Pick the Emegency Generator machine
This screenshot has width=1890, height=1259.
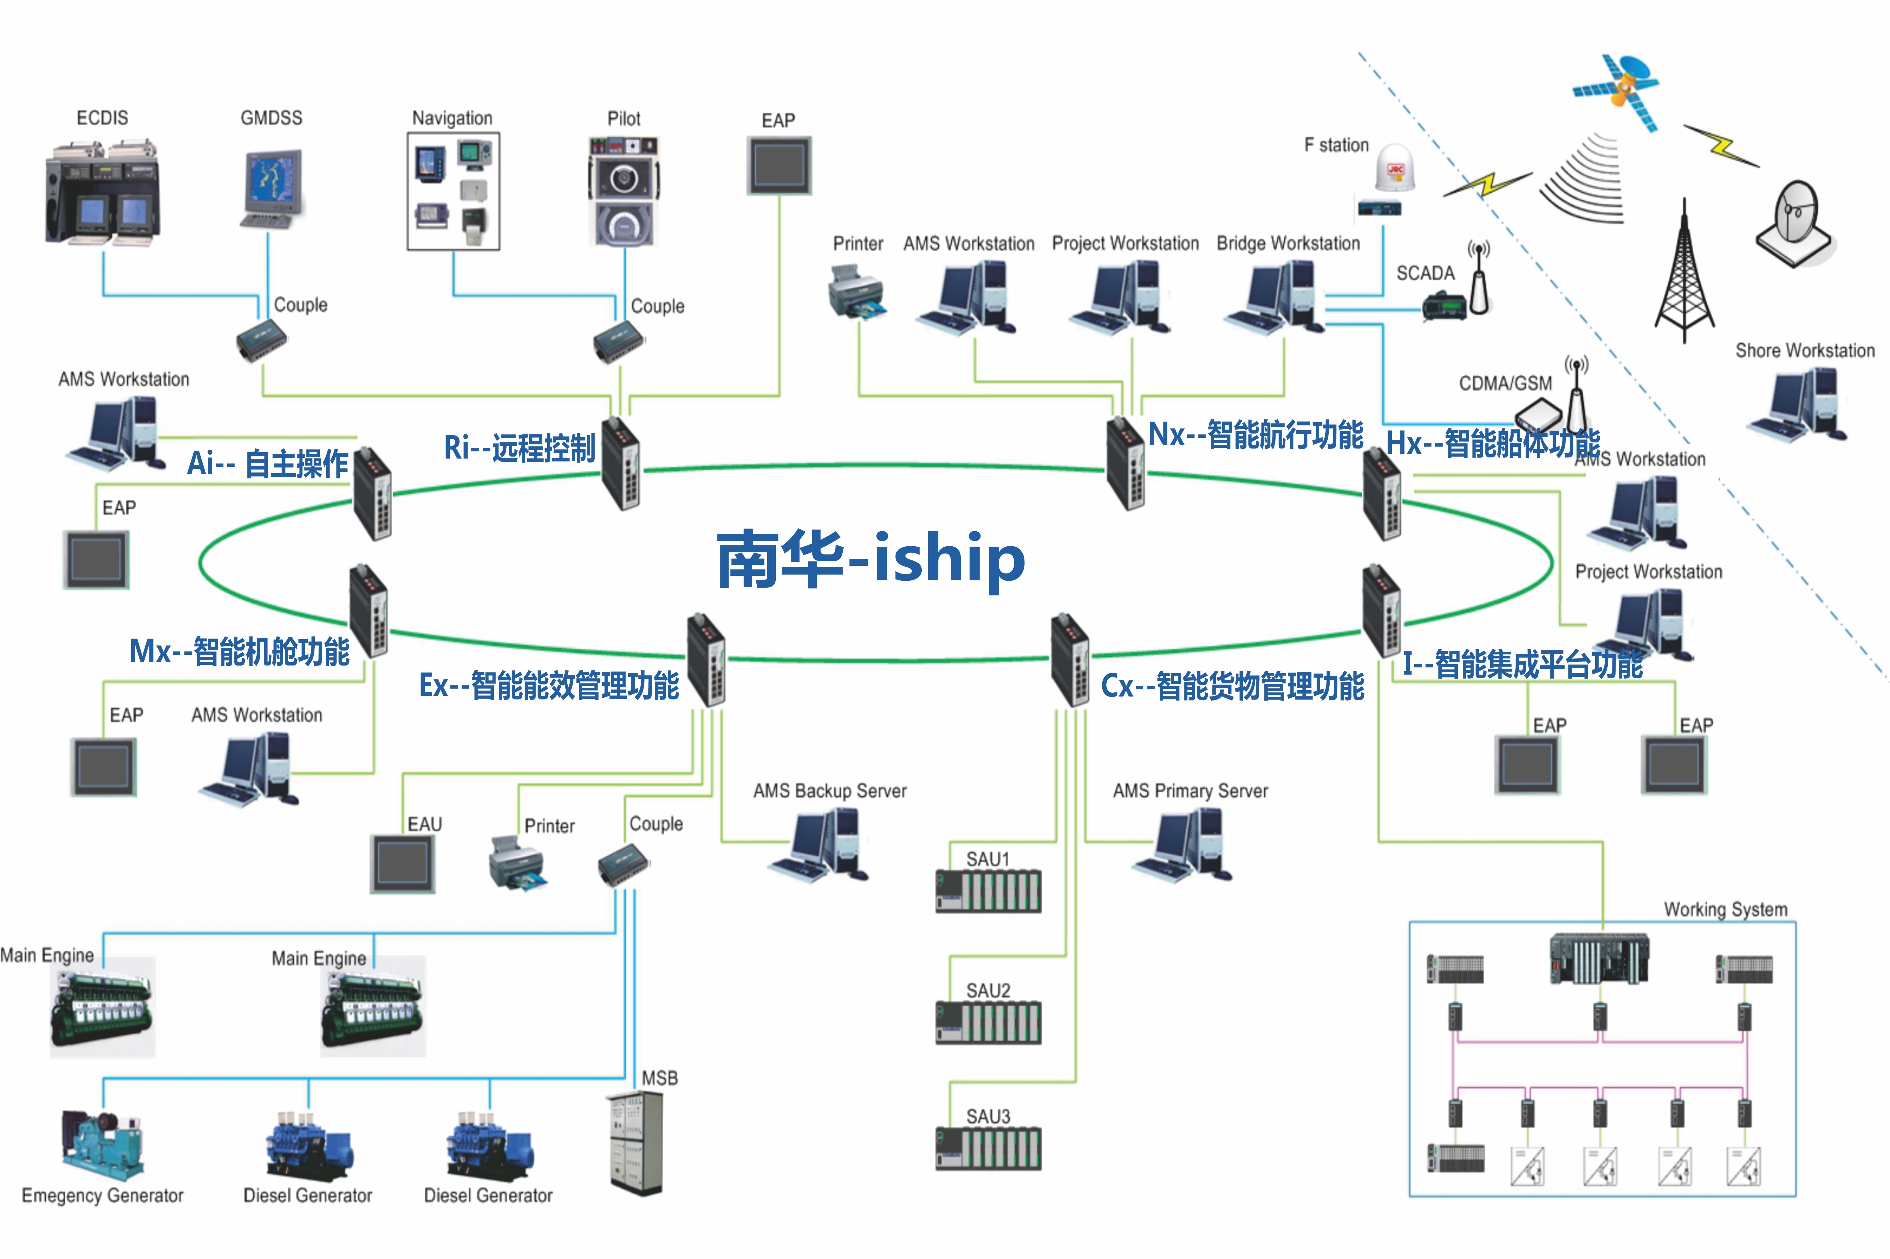point(102,1144)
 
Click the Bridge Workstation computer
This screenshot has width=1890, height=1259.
point(1276,297)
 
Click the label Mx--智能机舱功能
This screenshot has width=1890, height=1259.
point(239,651)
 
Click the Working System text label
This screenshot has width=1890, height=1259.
point(1726,909)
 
